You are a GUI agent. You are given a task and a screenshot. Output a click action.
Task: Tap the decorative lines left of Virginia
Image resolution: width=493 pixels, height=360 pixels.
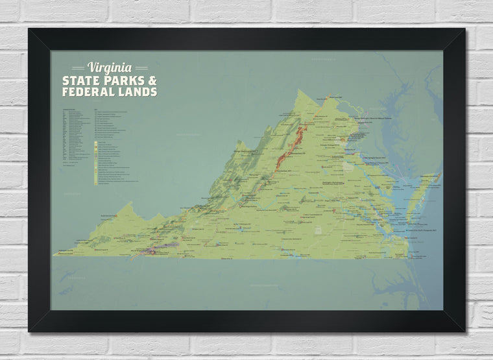78,68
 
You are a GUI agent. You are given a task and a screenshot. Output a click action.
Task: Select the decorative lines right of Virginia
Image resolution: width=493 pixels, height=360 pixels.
141,68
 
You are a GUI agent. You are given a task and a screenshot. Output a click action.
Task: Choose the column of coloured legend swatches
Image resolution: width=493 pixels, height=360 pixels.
96,162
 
